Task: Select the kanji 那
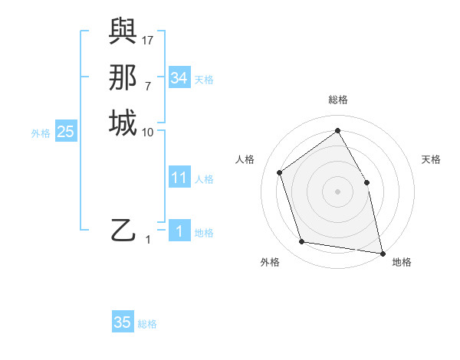(x=123, y=77)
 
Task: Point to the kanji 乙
(x=123, y=230)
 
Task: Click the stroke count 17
(x=148, y=39)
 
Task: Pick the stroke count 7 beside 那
(x=148, y=86)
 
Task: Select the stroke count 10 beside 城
(x=148, y=133)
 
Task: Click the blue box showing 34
(x=179, y=78)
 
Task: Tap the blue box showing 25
(x=66, y=132)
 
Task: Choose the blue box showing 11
(x=179, y=178)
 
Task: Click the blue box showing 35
(x=123, y=322)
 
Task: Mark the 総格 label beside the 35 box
(x=147, y=324)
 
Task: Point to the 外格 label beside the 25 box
(x=41, y=133)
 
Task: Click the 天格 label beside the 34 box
(x=204, y=80)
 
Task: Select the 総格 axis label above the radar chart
(x=338, y=100)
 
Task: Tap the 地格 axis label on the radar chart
(x=402, y=263)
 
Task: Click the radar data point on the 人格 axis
(x=280, y=172)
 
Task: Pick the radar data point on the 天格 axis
(x=366, y=182)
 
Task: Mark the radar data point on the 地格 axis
(x=381, y=252)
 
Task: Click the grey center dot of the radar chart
(x=337, y=191)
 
